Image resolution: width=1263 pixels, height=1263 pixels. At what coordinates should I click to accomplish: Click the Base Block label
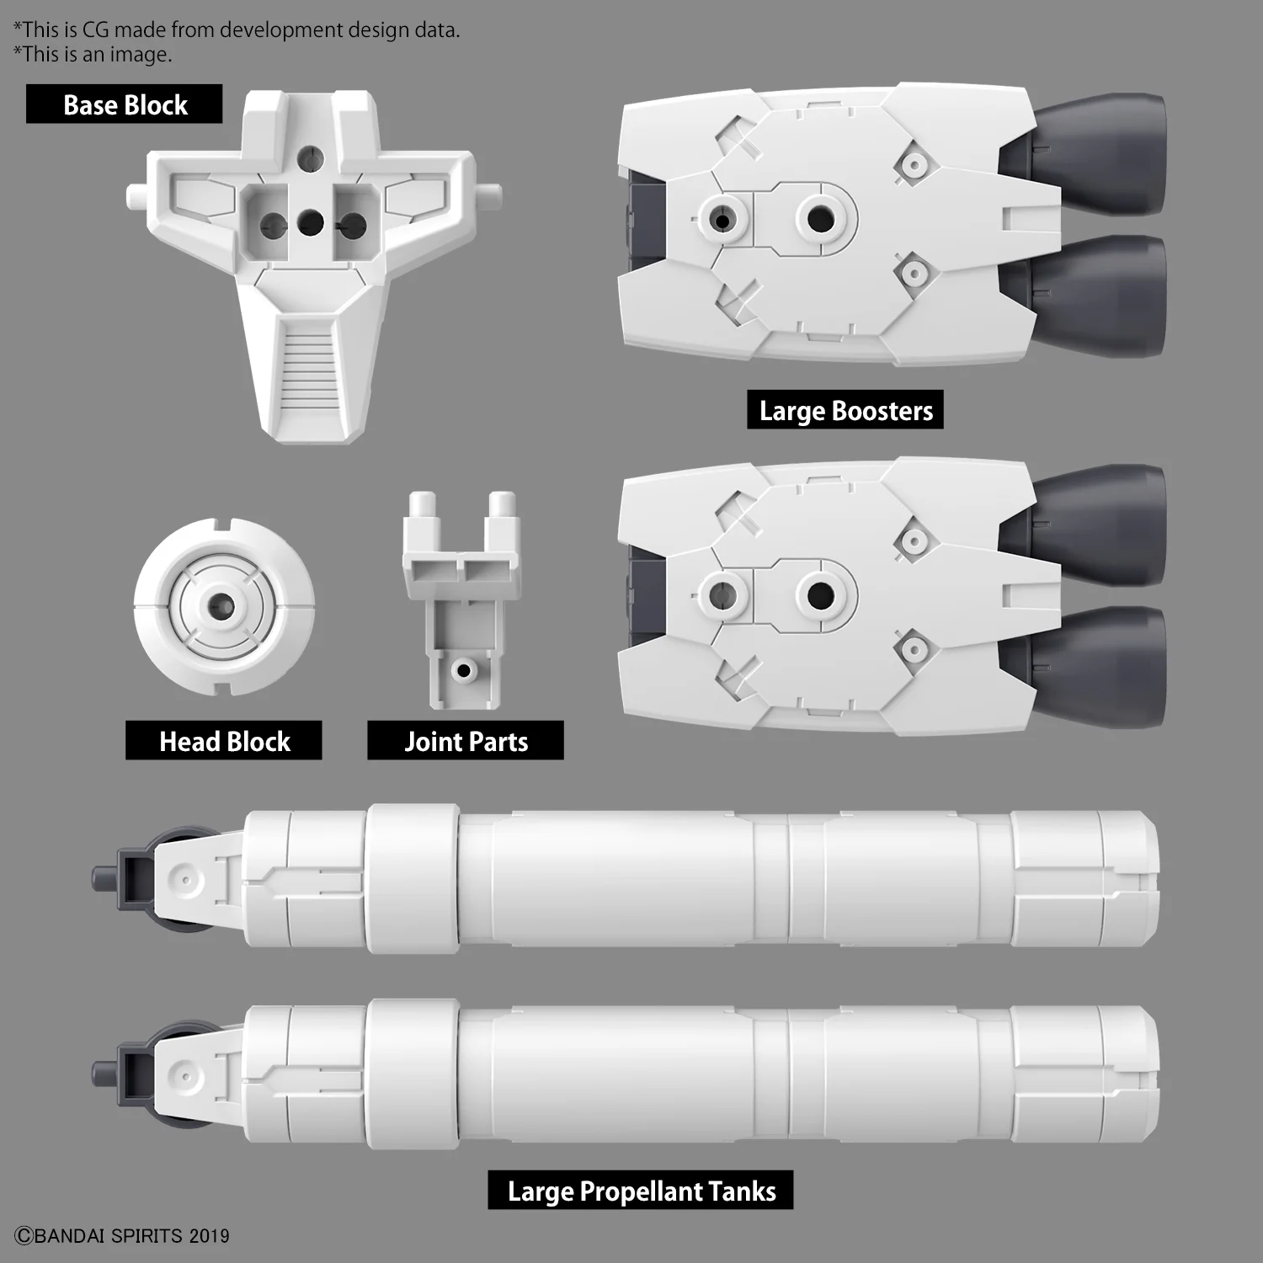click(125, 104)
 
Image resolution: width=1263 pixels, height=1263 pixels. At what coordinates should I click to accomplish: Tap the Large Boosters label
click(845, 410)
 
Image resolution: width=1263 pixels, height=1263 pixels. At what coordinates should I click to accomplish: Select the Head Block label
click(224, 741)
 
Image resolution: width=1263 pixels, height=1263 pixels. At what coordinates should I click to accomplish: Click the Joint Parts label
click(466, 741)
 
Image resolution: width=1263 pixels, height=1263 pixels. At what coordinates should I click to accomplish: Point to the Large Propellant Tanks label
click(641, 1191)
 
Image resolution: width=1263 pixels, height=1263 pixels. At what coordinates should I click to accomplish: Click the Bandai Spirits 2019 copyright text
click(123, 1235)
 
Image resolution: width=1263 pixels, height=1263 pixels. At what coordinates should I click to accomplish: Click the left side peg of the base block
click(136, 196)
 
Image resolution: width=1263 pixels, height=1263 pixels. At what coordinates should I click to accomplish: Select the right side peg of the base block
click(491, 195)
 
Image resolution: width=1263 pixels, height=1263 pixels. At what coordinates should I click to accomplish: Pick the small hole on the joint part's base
click(462, 670)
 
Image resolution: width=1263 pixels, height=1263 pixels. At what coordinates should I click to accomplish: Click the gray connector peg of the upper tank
click(103, 878)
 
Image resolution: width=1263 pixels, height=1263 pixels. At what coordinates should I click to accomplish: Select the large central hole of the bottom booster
click(820, 596)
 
